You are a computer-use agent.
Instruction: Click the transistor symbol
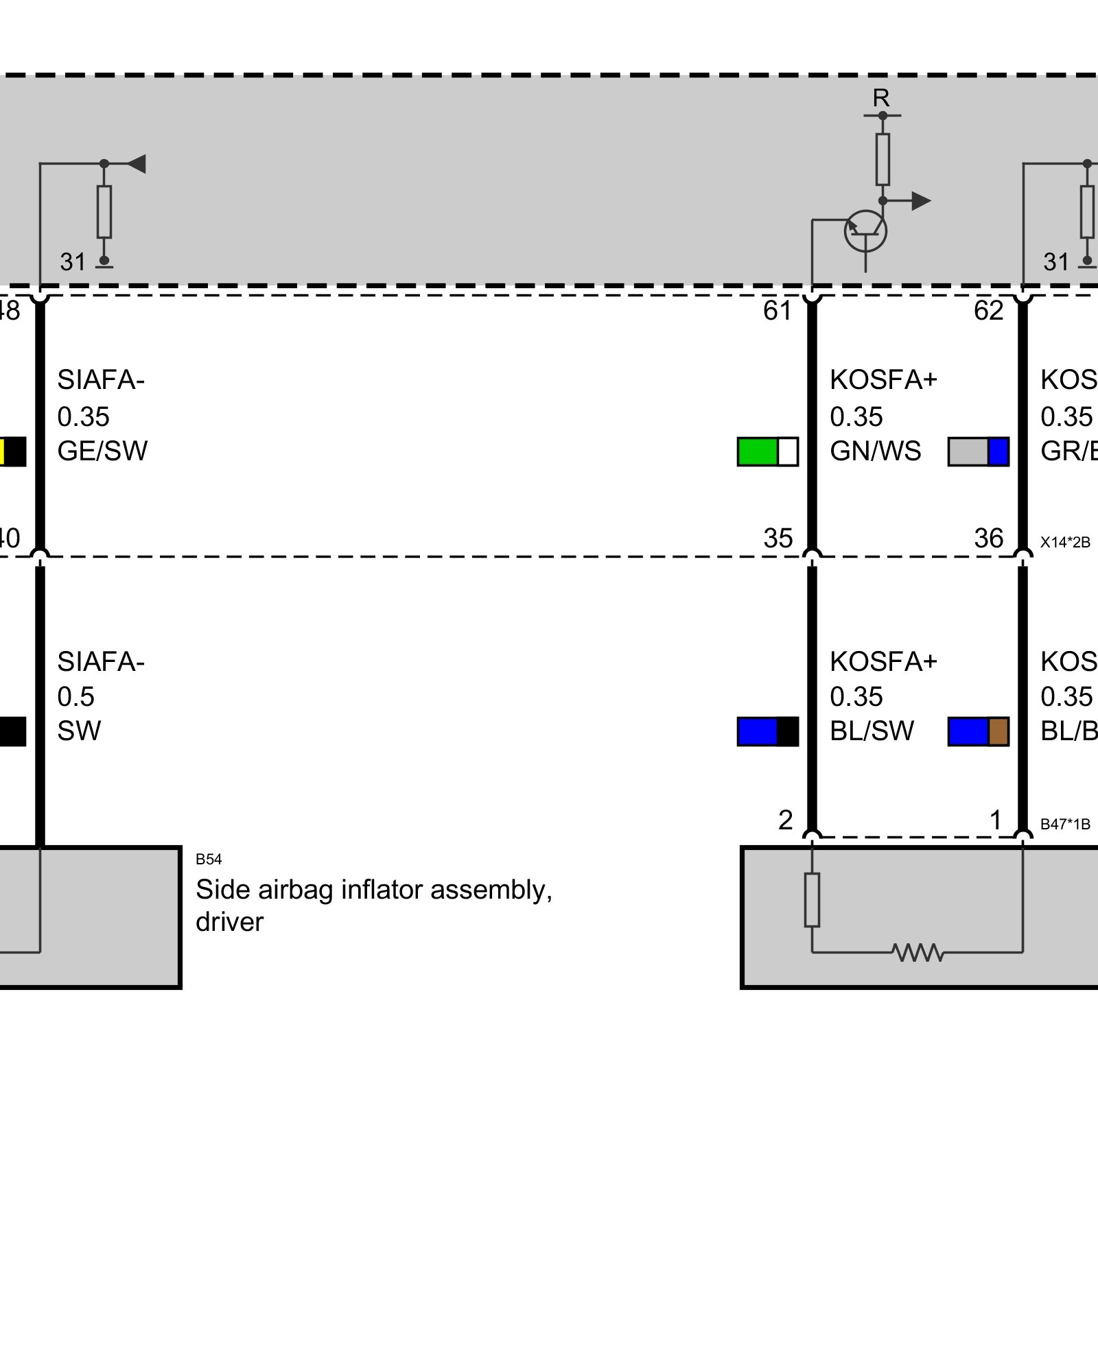point(865,231)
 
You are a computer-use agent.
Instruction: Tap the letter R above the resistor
point(881,98)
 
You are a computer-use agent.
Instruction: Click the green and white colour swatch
point(768,451)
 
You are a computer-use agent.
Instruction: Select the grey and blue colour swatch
point(978,451)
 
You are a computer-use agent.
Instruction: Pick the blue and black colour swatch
point(768,731)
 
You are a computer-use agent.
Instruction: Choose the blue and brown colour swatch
point(978,731)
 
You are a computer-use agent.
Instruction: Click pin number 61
point(778,311)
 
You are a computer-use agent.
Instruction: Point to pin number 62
point(988,311)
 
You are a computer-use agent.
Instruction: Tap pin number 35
point(778,539)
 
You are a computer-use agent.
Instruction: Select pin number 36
point(988,539)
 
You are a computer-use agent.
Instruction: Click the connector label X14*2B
point(1065,543)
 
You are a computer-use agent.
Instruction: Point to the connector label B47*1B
point(1065,825)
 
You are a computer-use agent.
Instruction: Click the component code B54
point(209,860)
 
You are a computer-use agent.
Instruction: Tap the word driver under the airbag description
point(229,922)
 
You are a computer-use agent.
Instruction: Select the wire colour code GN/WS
point(875,451)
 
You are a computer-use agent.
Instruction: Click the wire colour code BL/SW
point(872,731)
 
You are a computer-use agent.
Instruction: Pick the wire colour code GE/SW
point(102,451)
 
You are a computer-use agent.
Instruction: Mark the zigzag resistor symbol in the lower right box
point(918,952)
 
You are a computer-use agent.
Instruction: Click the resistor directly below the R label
point(883,159)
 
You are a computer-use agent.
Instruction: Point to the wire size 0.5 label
point(75,697)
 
